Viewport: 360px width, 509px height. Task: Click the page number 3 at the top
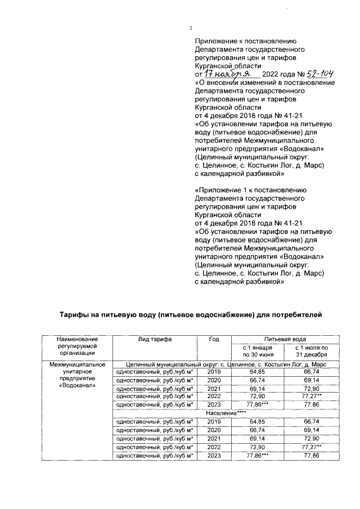click(x=190, y=29)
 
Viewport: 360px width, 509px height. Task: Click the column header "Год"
click(x=214, y=339)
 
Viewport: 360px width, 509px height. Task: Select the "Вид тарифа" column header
click(x=155, y=339)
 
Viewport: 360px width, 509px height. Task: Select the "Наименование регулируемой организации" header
click(x=77, y=345)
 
